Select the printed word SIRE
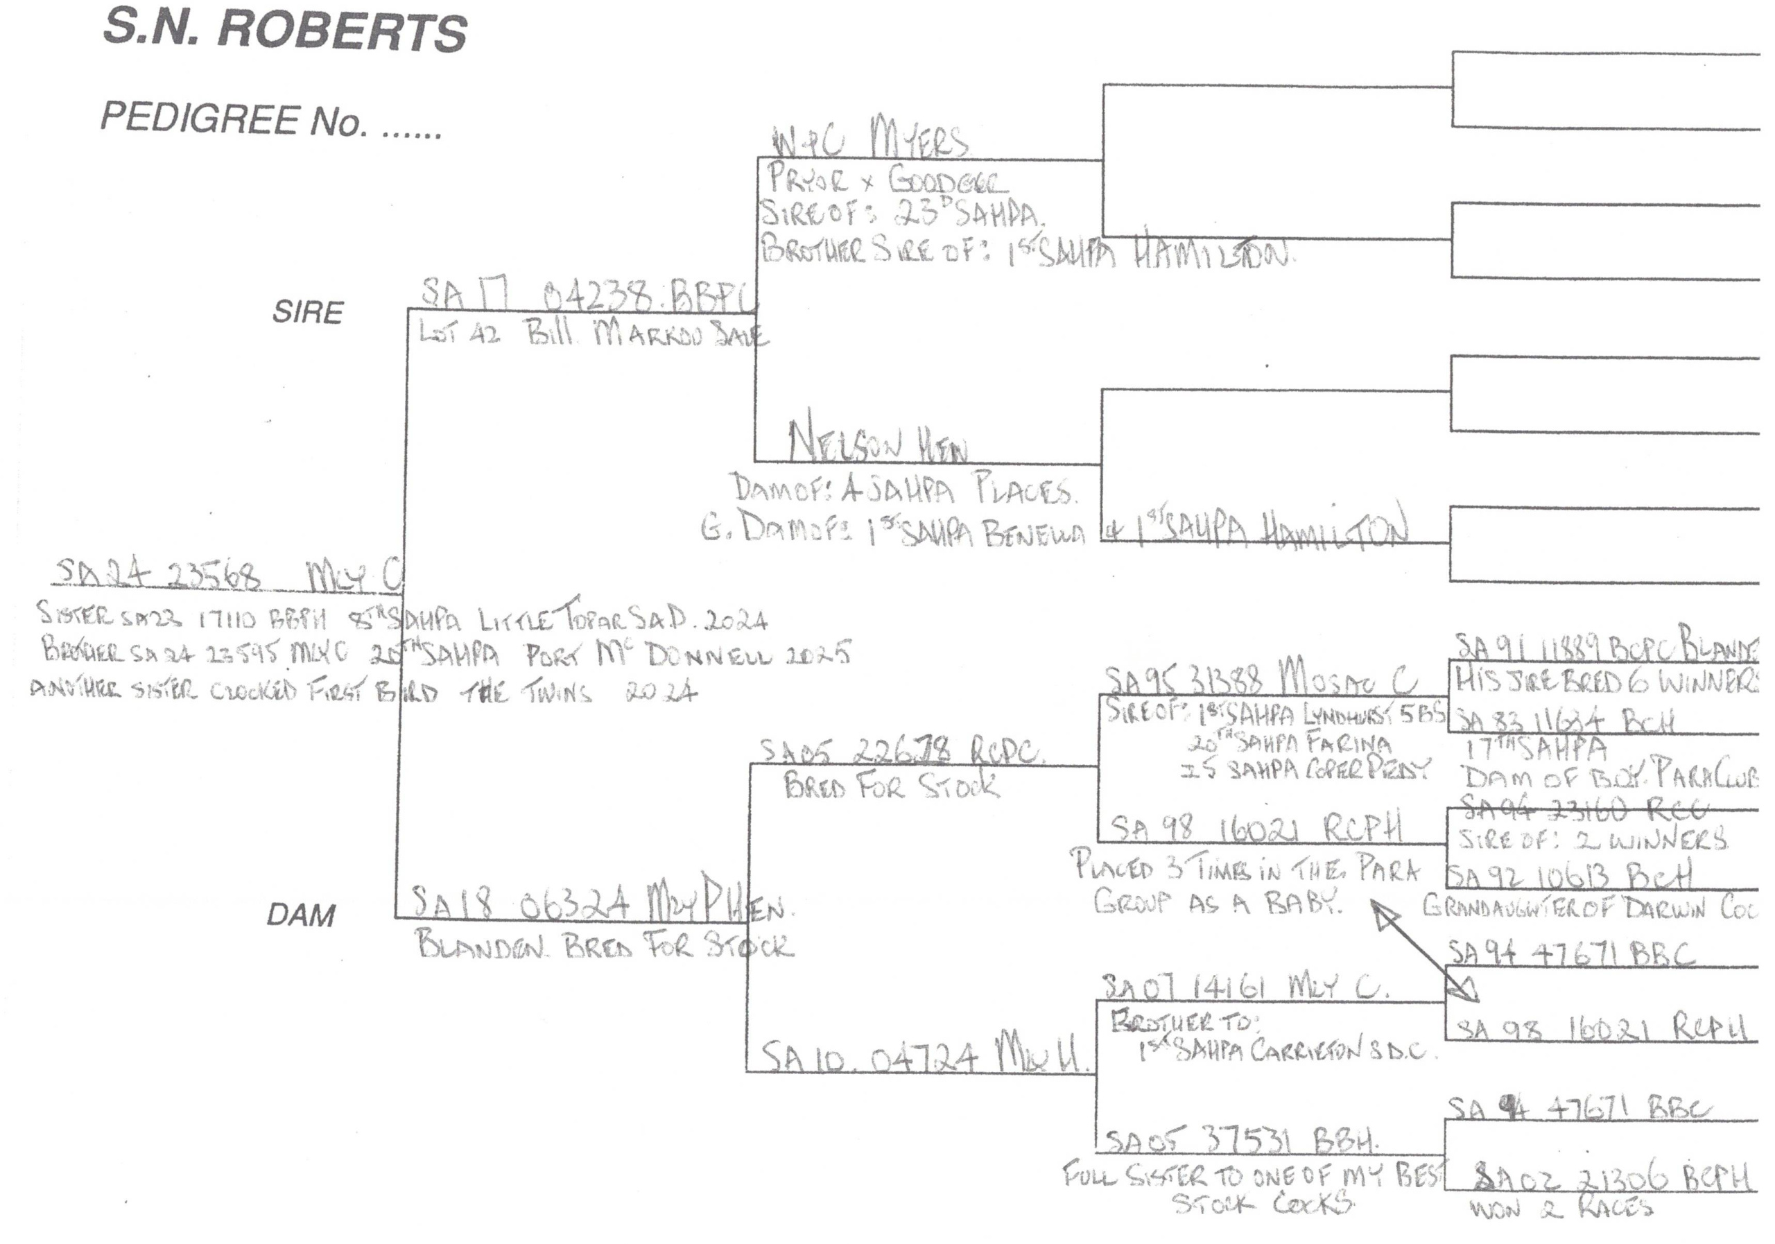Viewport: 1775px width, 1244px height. tap(307, 311)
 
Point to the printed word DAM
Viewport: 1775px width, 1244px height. tap(301, 915)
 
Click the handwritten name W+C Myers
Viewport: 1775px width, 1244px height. tap(869, 140)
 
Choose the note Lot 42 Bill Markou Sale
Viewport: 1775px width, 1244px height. tap(591, 334)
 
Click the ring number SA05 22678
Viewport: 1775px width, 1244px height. tap(901, 750)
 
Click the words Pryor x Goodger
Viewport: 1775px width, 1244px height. tap(887, 182)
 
